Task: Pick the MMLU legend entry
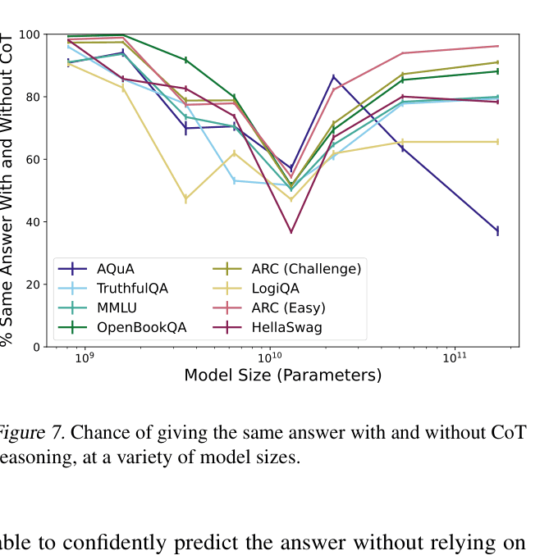point(116,308)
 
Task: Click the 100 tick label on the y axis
point(30,34)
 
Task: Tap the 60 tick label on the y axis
point(33,159)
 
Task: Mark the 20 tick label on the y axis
point(33,285)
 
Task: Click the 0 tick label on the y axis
point(36,347)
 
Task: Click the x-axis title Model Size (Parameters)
point(282,376)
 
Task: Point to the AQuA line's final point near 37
point(497,231)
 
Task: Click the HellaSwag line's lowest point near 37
point(291,232)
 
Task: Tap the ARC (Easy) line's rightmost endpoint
point(497,46)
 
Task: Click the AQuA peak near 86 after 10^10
point(333,77)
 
